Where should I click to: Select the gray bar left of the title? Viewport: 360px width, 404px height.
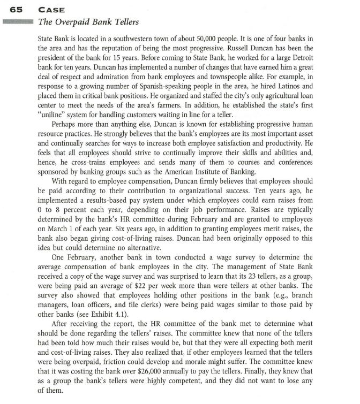pos(18,22)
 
